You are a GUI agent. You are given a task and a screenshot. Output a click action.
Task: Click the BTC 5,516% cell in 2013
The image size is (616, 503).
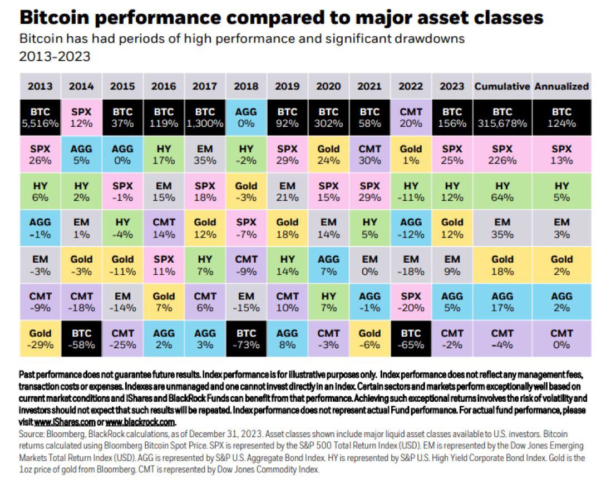pyautogui.click(x=40, y=117)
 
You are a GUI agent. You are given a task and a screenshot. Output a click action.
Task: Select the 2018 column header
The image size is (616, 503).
pyautogui.click(x=246, y=86)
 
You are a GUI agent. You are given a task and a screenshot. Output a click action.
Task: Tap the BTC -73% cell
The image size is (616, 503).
pyautogui.click(x=246, y=338)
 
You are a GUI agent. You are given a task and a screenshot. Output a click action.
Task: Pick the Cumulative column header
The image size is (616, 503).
pyautogui.click(x=502, y=86)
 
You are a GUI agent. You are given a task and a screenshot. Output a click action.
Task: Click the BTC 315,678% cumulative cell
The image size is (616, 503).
pyautogui.click(x=502, y=117)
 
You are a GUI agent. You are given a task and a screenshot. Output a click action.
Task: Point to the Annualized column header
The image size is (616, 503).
pyautogui.click(x=561, y=86)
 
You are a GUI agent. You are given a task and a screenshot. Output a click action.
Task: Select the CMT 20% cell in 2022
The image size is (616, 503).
pyautogui.click(x=411, y=117)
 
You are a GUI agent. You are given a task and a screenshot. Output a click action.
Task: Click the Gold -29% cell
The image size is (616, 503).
pyautogui.click(x=40, y=338)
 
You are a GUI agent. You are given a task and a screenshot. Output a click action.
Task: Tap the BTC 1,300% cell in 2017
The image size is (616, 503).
pyautogui.click(x=205, y=117)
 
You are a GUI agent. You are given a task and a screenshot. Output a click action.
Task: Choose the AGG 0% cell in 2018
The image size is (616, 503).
pyautogui.click(x=246, y=117)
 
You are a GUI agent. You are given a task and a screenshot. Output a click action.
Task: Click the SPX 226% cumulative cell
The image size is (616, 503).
pyautogui.click(x=502, y=155)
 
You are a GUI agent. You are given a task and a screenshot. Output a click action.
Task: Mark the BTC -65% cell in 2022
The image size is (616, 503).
pyautogui.click(x=411, y=338)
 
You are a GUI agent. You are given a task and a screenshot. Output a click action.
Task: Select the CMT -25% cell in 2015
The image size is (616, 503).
pyautogui.click(x=122, y=338)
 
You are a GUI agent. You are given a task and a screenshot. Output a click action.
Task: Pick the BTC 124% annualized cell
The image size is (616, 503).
pyautogui.click(x=561, y=117)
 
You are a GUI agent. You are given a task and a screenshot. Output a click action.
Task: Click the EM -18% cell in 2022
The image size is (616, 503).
pyautogui.click(x=411, y=265)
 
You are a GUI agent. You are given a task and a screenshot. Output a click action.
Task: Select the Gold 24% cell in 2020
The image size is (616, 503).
pyautogui.click(x=328, y=155)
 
